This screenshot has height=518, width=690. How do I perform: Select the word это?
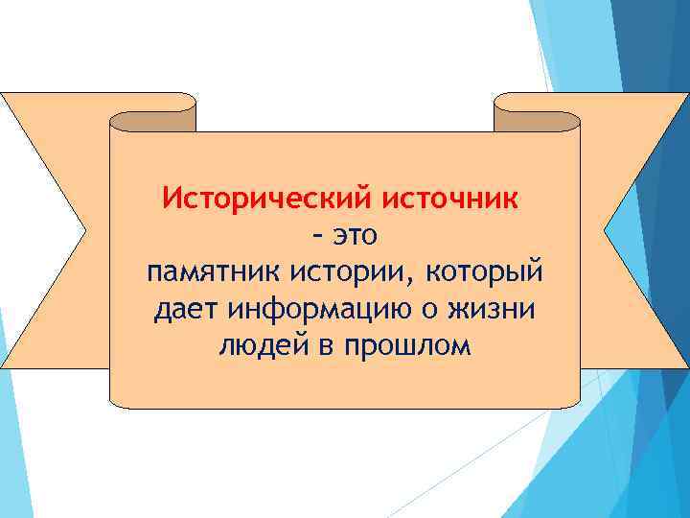coord(358,235)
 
